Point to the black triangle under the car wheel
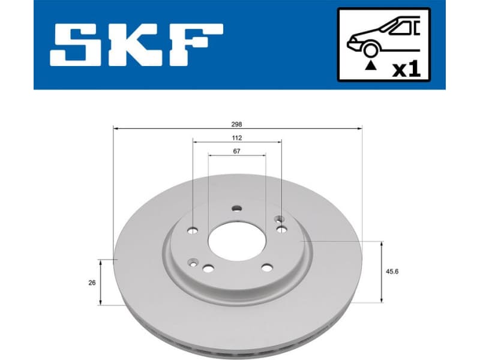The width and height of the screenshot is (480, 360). pyautogui.click(x=370, y=65)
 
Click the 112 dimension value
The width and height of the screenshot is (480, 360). pyautogui.click(x=238, y=137)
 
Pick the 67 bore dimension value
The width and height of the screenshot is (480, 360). pyautogui.click(x=237, y=151)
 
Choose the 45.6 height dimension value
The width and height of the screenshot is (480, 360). pyautogui.click(x=394, y=271)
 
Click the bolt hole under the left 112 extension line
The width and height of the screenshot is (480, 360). pyautogui.click(x=193, y=229)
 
